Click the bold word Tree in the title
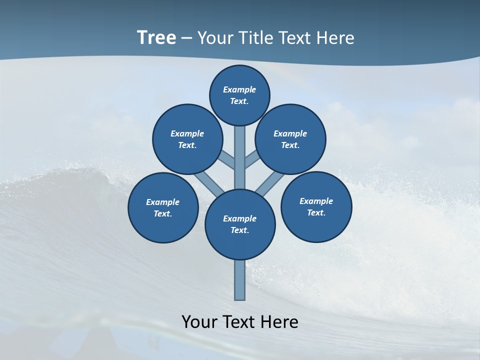(x=156, y=38)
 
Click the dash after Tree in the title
(x=186, y=38)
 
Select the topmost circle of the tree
(x=239, y=95)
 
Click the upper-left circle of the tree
(x=187, y=139)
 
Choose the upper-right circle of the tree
(x=290, y=139)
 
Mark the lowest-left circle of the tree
(x=163, y=207)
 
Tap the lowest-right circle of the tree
(x=316, y=206)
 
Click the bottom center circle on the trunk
(x=240, y=224)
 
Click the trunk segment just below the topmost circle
(x=240, y=150)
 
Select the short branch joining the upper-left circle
(x=227, y=160)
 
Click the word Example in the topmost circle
(x=239, y=89)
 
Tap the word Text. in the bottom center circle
(x=240, y=230)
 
